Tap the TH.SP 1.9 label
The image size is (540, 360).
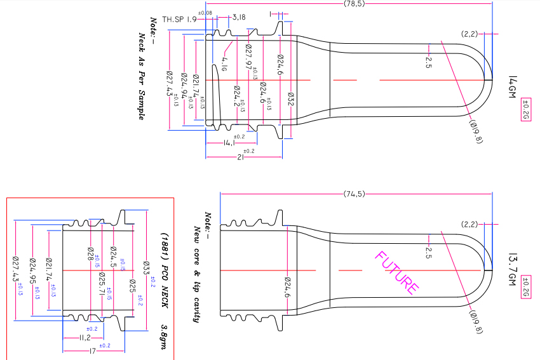[179, 20]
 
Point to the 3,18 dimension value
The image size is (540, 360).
[239, 17]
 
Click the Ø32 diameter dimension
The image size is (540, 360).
[290, 101]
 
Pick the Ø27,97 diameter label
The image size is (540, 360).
[248, 57]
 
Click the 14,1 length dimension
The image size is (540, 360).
[230, 143]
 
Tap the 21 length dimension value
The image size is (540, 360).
[241, 158]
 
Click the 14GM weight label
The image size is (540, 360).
[513, 88]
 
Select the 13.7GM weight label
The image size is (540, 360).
[513, 269]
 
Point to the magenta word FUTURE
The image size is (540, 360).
[397, 273]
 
